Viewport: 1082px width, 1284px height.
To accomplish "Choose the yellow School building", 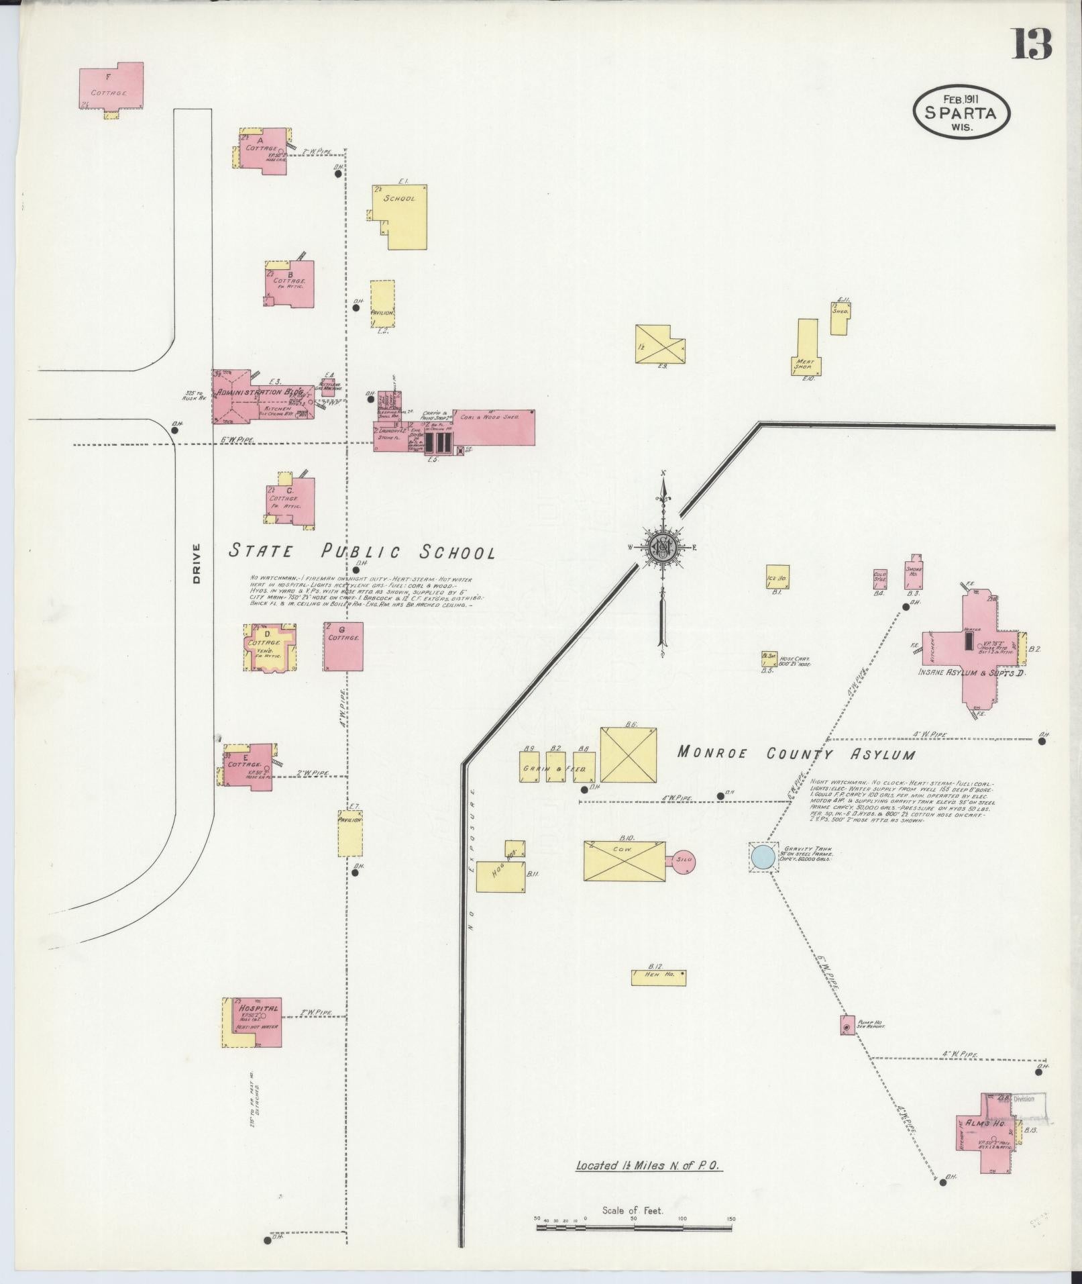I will point(400,216).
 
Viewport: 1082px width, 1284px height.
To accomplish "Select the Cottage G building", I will point(343,646).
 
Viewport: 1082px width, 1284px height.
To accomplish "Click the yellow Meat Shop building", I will point(807,346).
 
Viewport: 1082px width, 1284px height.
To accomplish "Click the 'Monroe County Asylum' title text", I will point(796,753).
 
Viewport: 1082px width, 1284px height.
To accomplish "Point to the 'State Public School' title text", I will point(362,552).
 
